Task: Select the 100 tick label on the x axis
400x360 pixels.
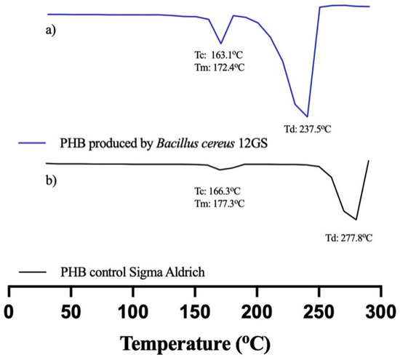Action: point(132,311)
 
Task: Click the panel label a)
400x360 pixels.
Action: point(52,31)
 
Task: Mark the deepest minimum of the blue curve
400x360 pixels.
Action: point(308,116)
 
